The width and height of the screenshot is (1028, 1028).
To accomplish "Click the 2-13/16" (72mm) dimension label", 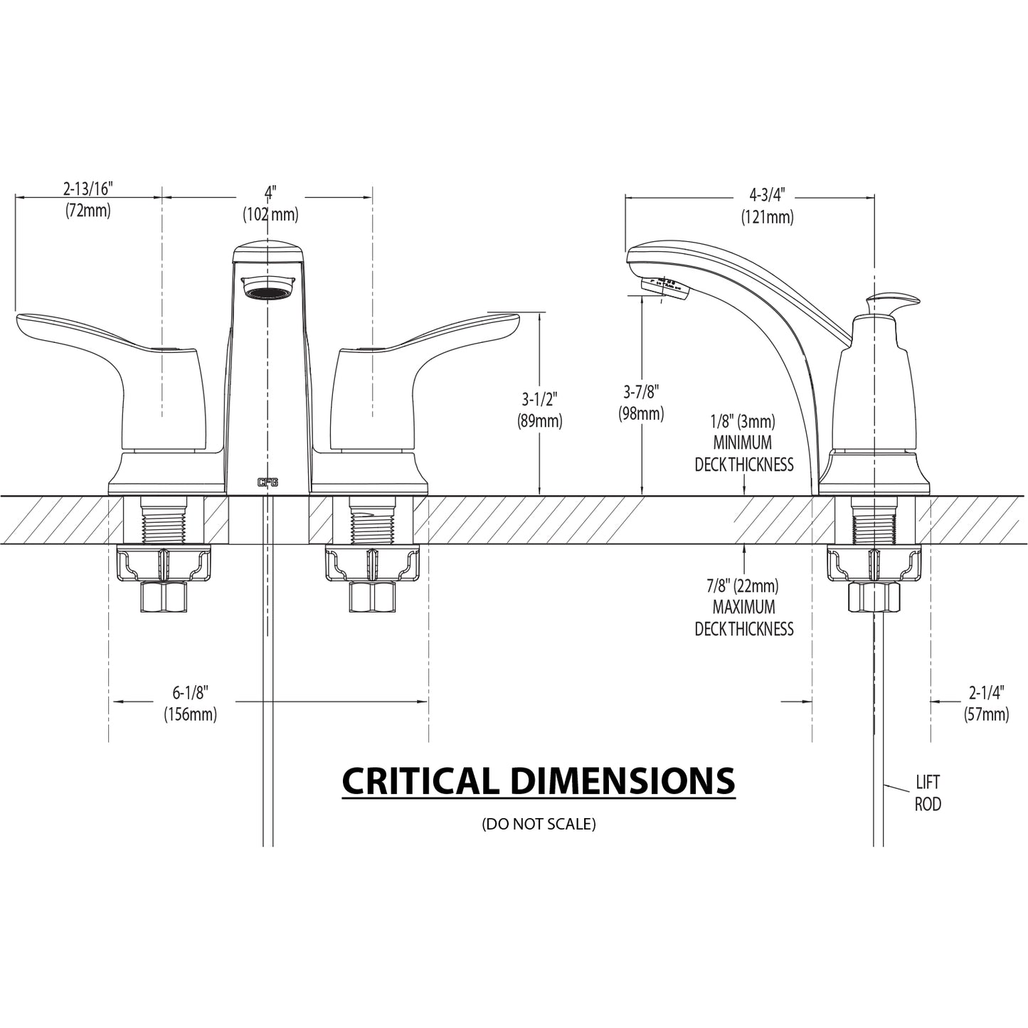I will (88, 199).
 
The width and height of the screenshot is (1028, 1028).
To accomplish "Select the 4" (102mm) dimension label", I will (270, 203).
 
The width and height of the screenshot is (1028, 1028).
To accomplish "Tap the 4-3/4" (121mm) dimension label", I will (767, 206).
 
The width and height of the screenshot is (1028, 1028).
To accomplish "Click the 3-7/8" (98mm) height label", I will (642, 402).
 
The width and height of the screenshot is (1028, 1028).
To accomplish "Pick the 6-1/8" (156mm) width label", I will (190, 703).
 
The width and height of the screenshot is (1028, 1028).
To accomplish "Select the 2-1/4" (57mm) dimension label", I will (986, 703).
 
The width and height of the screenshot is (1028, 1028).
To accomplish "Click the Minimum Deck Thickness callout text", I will (744, 443).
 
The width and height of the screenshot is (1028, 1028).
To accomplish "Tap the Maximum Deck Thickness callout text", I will (744, 608).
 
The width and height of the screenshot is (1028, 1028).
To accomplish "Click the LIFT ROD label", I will (928, 793).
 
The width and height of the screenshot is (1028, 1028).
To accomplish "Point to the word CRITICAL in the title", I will (420, 781).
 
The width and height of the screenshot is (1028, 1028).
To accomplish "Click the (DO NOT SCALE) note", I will (539, 824).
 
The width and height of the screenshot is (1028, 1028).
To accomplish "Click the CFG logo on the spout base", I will (267, 482).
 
